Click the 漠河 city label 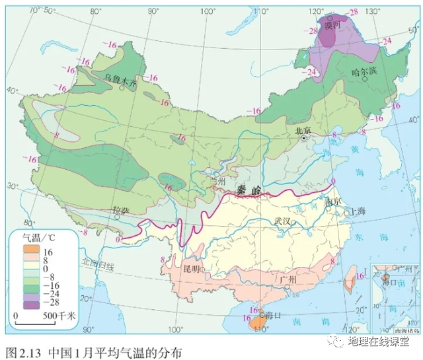[332, 26]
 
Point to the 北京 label [303, 130]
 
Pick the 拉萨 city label [119, 210]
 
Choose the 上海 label [358, 212]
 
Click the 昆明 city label [192, 269]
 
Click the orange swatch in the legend [30, 252]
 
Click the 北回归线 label [98, 267]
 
